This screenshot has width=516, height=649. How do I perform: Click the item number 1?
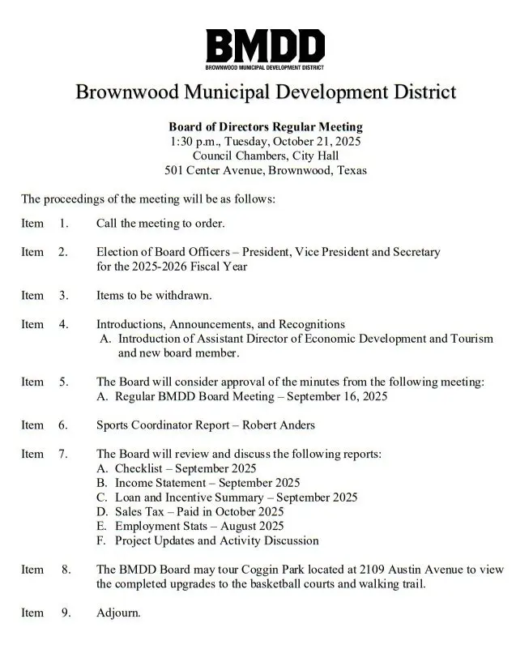point(64,223)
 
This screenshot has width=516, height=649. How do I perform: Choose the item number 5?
point(63,382)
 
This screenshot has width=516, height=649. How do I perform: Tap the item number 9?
point(66,613)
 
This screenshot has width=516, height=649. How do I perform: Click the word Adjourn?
point(117,613)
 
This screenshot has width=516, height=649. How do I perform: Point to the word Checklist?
point(143,468)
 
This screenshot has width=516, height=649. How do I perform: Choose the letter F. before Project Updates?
point(101,540)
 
